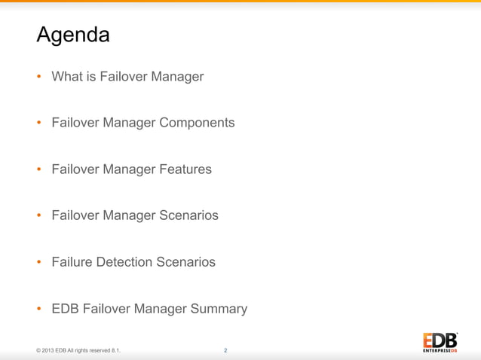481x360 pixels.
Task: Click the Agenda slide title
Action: point(73,35)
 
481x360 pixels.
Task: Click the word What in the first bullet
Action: point(67,76)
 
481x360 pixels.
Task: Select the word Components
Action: point(197,123)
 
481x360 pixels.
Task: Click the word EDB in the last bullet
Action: point(65,309)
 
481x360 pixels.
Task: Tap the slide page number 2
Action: point(225,350)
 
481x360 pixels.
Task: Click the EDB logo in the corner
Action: point(440,342)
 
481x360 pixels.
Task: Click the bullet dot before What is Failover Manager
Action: point(39,77)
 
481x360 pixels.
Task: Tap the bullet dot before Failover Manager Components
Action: point(39,124)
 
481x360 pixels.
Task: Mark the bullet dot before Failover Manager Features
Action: point(39,170)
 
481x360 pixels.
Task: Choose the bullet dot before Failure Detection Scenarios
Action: point(39,263)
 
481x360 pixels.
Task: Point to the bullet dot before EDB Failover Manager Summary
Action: point(39,310)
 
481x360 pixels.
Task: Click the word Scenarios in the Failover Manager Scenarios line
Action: point(188,216)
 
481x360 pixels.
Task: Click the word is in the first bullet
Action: point(90,76)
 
